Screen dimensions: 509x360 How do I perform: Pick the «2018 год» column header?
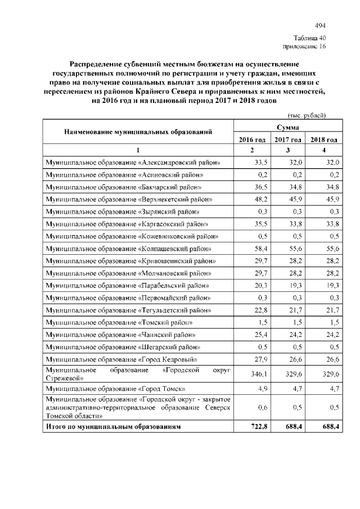click(x=323, y=139)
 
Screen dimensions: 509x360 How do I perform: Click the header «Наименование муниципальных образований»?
click(x=138, y=133)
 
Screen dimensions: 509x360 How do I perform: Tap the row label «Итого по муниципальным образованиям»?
click(x=114, y=427)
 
